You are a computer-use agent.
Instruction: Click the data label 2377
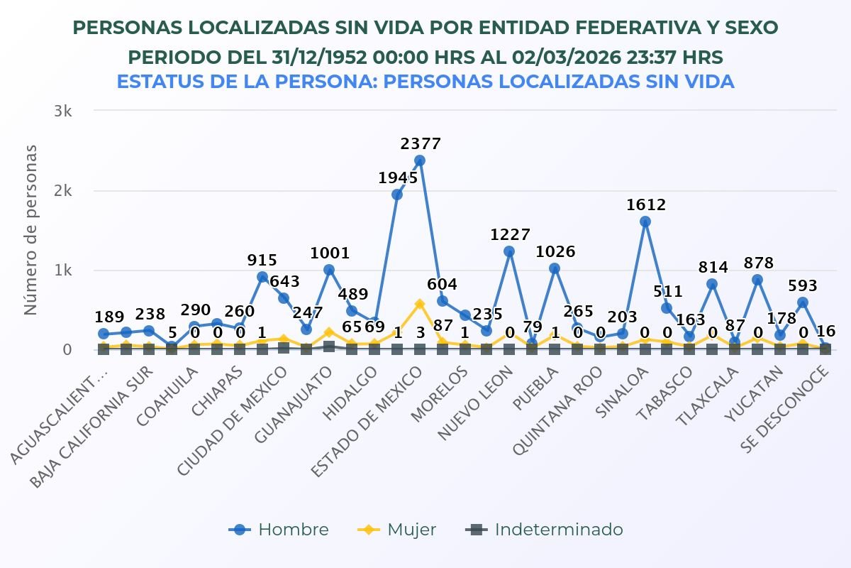(421, 144)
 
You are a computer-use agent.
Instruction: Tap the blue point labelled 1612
(645, 222)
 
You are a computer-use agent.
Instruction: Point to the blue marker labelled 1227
(509, 251)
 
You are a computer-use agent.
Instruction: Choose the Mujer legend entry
(397, 530)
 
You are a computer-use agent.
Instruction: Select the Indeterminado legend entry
(545, 530)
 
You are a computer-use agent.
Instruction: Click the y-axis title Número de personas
(30, 229)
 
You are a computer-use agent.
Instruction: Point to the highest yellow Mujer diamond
(420, 304)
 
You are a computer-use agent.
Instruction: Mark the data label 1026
(555, 252)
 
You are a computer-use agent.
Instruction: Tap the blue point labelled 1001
(329, 270)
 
